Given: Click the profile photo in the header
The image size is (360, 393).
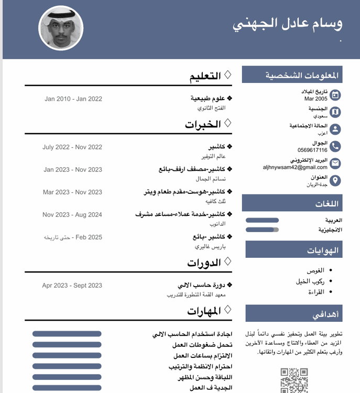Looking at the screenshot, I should [x=61, y=28].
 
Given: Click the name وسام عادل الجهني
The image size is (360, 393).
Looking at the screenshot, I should [x=287, y=24].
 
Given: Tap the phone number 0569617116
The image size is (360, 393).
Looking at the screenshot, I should [x=312, y=150].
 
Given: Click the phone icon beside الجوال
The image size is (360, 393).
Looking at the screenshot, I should [x=335, y=146].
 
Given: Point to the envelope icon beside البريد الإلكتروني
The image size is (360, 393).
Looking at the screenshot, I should [x=335, y=163].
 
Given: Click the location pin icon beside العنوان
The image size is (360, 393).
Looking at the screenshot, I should [x=335, y=181].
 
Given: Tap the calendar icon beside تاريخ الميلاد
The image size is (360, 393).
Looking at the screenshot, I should [x=335, y=95].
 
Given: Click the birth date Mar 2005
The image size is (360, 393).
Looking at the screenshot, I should [x=315, y=99].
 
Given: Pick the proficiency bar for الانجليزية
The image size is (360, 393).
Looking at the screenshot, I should [x=262, y=230].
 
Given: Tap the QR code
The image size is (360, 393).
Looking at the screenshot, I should [x=294, y=380].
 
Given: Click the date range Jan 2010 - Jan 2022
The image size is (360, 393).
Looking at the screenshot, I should [x=73, y=99].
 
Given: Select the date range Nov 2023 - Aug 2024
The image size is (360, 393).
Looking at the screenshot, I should [x=72, y=214].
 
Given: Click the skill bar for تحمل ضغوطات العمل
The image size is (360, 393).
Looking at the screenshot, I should [x=67, y=345].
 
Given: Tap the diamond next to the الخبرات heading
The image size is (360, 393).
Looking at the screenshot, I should [x=227, y=123].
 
